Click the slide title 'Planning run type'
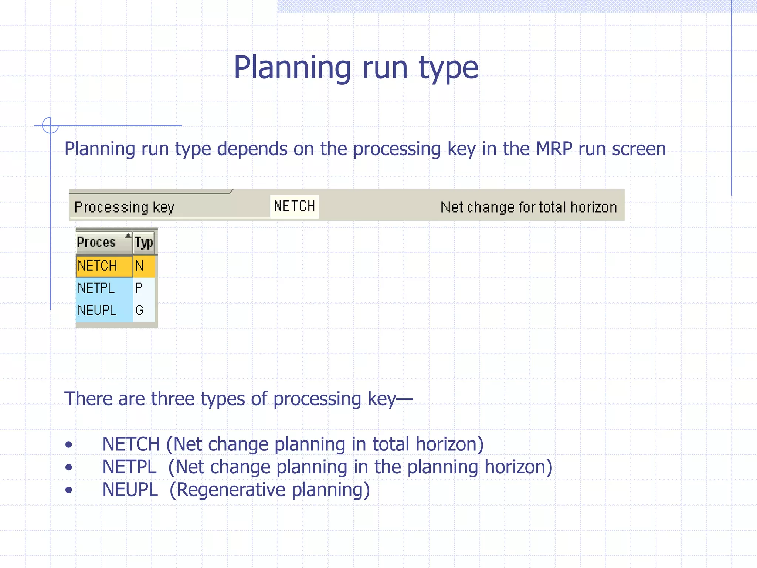coord(356,67)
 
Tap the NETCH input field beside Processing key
coord(294,206)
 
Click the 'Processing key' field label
coord(124,207)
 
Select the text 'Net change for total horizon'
coord(529,207)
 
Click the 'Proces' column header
coord(97,243)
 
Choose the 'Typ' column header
coord(144,243)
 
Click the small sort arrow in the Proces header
coord(128,236)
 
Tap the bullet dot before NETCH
coord(68,444)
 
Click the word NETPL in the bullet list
coord(129,467)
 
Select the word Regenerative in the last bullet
coord(231,490)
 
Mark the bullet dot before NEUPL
coord(68,490)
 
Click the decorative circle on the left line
coord(50,125)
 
